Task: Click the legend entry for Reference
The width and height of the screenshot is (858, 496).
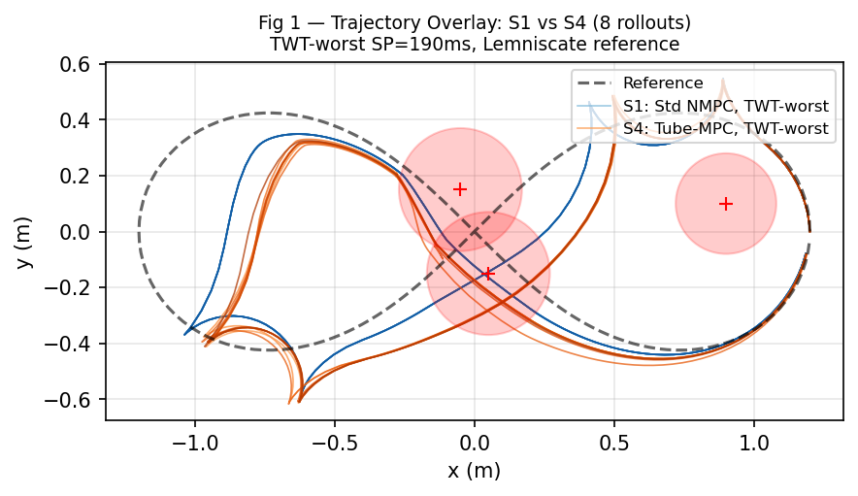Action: point(663,83)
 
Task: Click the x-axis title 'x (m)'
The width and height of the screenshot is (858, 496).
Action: point(474,472)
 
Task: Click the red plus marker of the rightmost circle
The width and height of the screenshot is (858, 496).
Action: point(725,204)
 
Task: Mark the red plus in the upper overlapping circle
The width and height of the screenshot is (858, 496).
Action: point(460,189)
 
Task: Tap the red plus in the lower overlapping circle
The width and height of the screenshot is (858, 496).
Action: point(488,274)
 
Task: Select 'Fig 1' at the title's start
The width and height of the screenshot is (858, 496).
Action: point(279,21)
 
